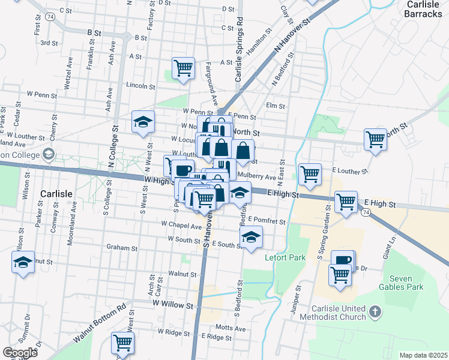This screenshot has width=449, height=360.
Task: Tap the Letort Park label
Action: tap(285, 258)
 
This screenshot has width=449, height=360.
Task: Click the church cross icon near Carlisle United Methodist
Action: tap(375, 311)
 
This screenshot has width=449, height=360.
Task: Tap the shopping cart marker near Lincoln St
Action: tap(184, 68)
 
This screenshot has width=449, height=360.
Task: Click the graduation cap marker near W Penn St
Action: tap(143, 122)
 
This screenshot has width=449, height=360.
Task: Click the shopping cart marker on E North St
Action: tap(375, 139)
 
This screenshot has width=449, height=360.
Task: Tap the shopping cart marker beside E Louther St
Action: tap(310, 174)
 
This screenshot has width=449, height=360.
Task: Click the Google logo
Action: tap(20, 353)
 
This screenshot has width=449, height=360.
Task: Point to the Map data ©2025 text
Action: tap(423, 355)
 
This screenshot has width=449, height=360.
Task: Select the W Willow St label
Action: tap(172, 304)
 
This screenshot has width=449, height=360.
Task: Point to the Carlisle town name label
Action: tap(57, 194)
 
